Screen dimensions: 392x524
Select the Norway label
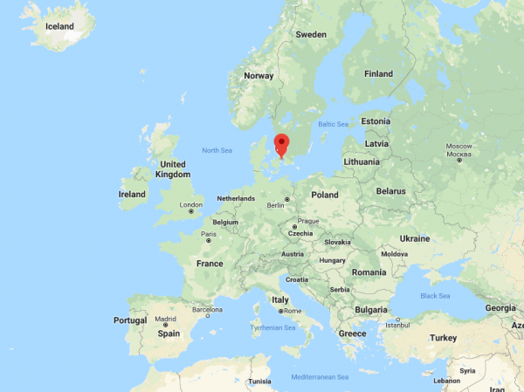tap(259, 75)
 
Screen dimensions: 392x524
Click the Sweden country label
tap(311, 34)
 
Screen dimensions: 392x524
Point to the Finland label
tap(378, 74)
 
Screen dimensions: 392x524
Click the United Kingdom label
tap(173, 169)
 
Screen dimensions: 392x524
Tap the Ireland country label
tap(132, 194)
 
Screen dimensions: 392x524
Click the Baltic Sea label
tap(333, 124)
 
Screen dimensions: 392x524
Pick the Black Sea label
tap(434, 296)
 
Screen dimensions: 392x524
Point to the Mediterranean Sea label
tap(320, 376)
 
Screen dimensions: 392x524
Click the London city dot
tap(190, 211)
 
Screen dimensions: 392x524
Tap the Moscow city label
tap(458, 145)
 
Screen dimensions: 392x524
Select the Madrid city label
tap(165, 319)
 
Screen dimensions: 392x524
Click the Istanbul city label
tap(397, 325)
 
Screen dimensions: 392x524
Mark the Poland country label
tap(324, 195)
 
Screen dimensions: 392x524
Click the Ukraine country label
tap(415, 238)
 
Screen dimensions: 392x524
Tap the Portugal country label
tap(130, 320)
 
